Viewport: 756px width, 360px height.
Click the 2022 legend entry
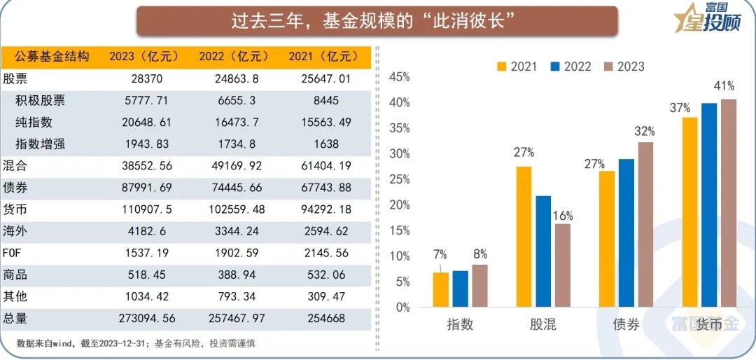[570, 67]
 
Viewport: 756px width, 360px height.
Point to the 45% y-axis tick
[398, 77]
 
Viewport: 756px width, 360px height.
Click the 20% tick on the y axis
[398, 205]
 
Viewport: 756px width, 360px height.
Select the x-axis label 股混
[543, 324]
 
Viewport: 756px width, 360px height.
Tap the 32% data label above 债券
[645, 132]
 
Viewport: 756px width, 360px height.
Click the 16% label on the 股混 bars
[562, 214]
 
